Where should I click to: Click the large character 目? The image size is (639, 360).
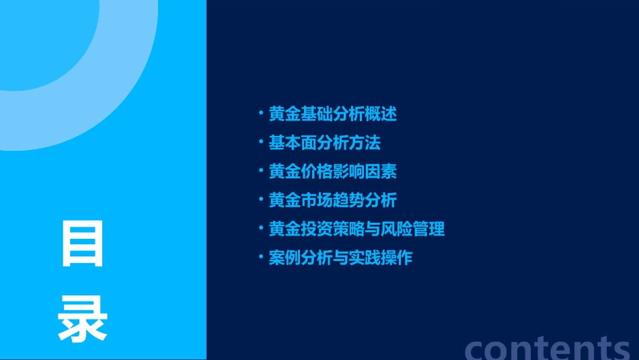[x=83, y=244]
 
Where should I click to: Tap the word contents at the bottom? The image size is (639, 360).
[x=548, y=347]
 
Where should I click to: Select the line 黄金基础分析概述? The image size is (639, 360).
[x=332, y=114]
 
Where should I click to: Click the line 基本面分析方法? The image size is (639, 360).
[x=324, y=143]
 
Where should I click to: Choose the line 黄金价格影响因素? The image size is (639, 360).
[x=332, y=172]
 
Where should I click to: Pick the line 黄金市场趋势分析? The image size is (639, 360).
[x=332, y=201]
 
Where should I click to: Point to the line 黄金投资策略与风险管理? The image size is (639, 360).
[x=356, y=229]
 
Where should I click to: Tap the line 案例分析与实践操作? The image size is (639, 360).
[x=340, y=258]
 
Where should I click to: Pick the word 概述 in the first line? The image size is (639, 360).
[x=381, y=114]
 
